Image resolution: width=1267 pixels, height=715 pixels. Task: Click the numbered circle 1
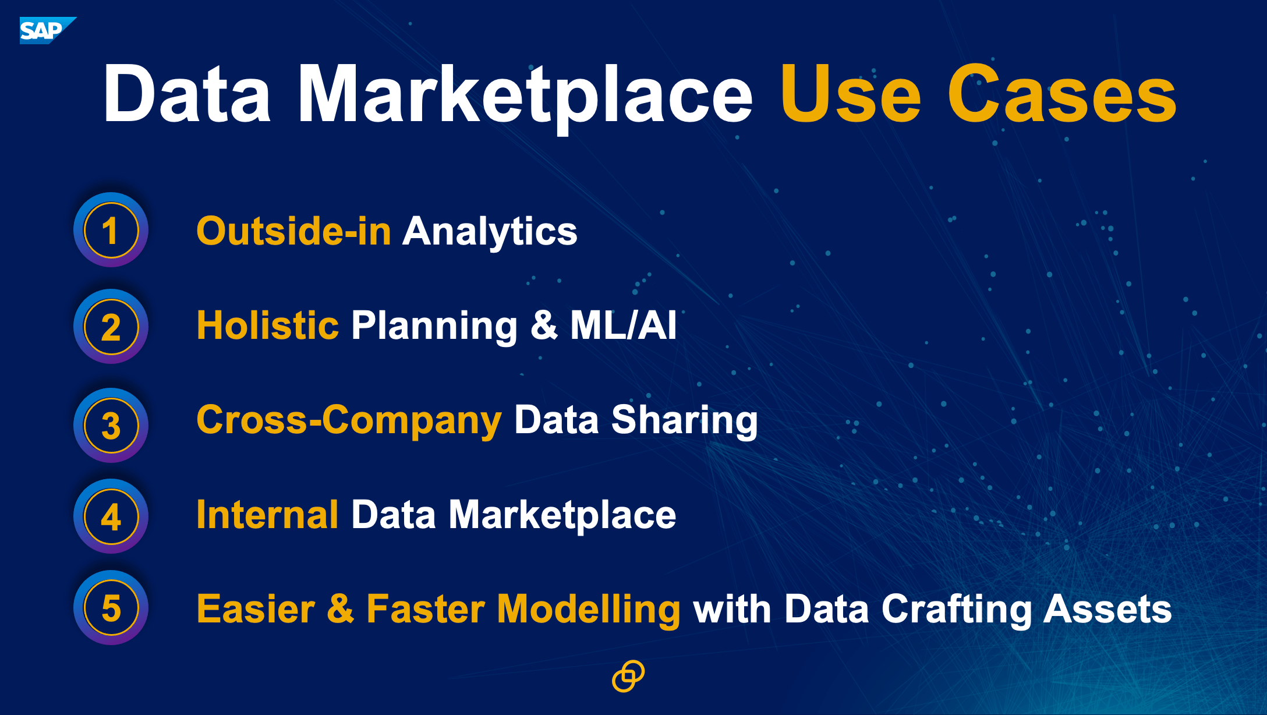click(111, 230)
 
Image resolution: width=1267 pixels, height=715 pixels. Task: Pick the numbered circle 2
click(111, 327)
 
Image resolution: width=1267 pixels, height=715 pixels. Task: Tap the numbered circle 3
click(111, 425)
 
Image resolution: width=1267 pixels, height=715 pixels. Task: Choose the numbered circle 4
click(111, 516)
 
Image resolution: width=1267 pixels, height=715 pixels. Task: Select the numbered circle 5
click(111, 607)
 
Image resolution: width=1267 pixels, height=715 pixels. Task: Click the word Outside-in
click(294, 231)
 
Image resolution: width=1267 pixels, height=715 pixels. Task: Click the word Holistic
click(268, 325)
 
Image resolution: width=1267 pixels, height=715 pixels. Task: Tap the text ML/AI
click(624, 325)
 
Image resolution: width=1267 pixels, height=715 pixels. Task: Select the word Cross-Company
click(349, 421)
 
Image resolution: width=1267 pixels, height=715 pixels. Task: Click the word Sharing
click(684, 421)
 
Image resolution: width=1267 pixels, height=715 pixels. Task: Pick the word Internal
click(267, 515)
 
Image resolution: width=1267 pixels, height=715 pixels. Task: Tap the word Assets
click(1107, 609)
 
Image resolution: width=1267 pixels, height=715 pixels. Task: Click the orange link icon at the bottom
click(628, 676)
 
